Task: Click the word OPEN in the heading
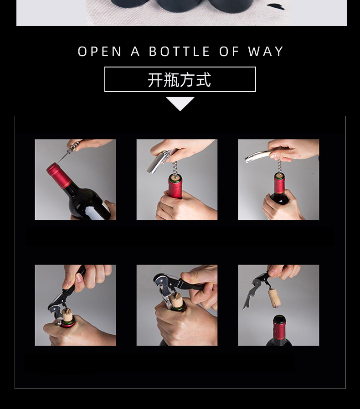point(100,52)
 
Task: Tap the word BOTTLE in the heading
point(180,52)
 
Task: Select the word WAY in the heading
point(266,52)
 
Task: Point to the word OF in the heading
point(229,52)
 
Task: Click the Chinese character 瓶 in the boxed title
point(171,80)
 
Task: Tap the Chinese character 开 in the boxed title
point(156,80)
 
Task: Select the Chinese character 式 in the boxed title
point(203,80)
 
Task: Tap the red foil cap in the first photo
point(59,175)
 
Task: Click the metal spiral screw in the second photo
point(175,168)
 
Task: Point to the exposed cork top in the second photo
point(175,178)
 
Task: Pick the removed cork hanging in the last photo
point(274,298)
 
